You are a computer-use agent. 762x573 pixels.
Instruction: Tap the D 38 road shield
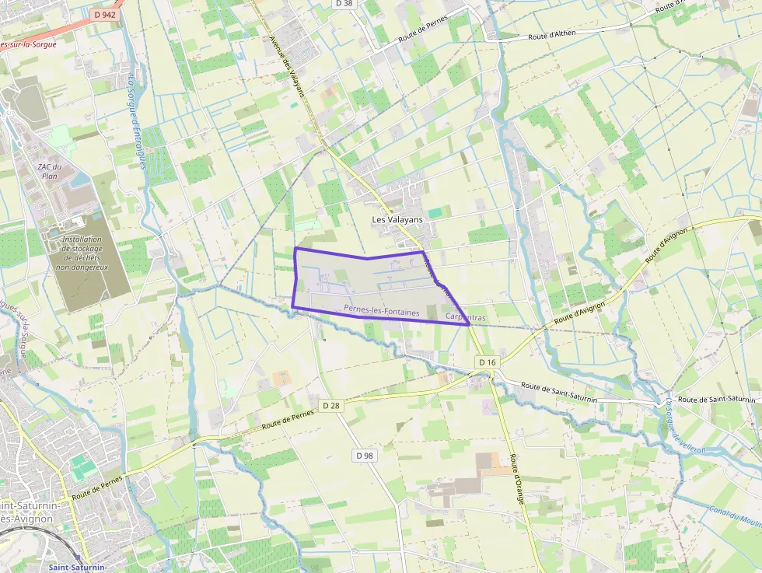343,4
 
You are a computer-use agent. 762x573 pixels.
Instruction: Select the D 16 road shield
488,362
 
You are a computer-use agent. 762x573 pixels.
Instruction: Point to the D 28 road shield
331,405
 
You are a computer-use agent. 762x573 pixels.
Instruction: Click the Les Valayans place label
397,220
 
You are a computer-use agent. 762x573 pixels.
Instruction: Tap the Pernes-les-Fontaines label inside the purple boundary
381,310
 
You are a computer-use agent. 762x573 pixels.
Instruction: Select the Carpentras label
466,318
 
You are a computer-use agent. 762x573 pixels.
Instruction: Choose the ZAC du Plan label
49,172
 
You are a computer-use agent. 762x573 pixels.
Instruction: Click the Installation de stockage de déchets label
82,253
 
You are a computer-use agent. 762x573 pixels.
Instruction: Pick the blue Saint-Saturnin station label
77,568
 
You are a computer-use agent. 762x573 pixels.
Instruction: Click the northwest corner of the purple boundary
295,248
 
